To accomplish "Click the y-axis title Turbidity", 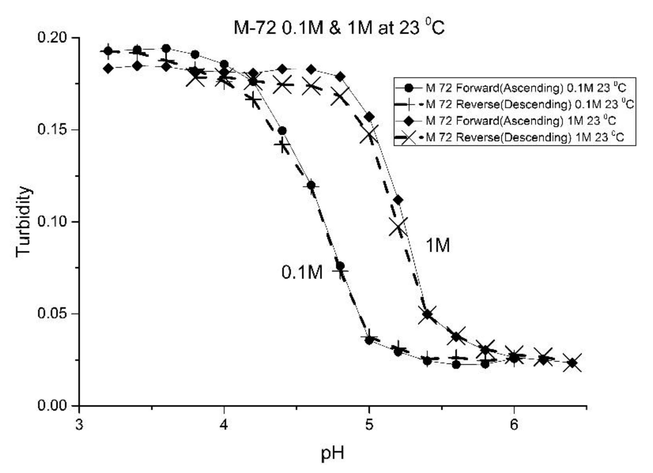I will coord(23,222).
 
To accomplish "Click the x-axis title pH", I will coord(333,453).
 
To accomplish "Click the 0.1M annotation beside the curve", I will coord(302,273).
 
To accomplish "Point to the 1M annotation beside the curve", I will coord(437,246).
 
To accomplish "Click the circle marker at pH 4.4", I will coord(282,131).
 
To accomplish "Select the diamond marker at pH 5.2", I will coord(398,200).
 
